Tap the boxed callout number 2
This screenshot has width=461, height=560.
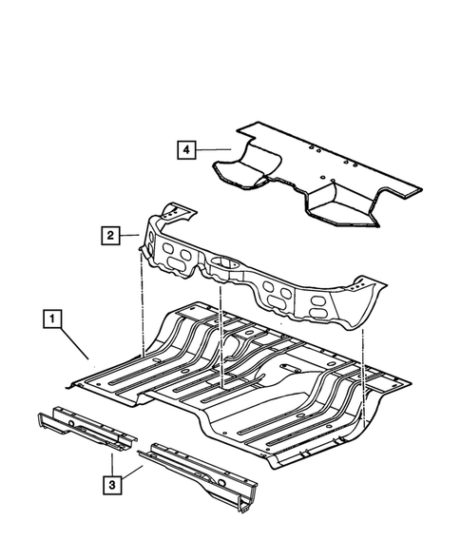(112, 234)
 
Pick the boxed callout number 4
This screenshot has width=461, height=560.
(186, 148)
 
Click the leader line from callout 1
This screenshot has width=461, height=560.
(74, 341)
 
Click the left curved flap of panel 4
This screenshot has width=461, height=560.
(240, 174)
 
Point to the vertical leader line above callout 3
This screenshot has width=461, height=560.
(113, 464)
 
